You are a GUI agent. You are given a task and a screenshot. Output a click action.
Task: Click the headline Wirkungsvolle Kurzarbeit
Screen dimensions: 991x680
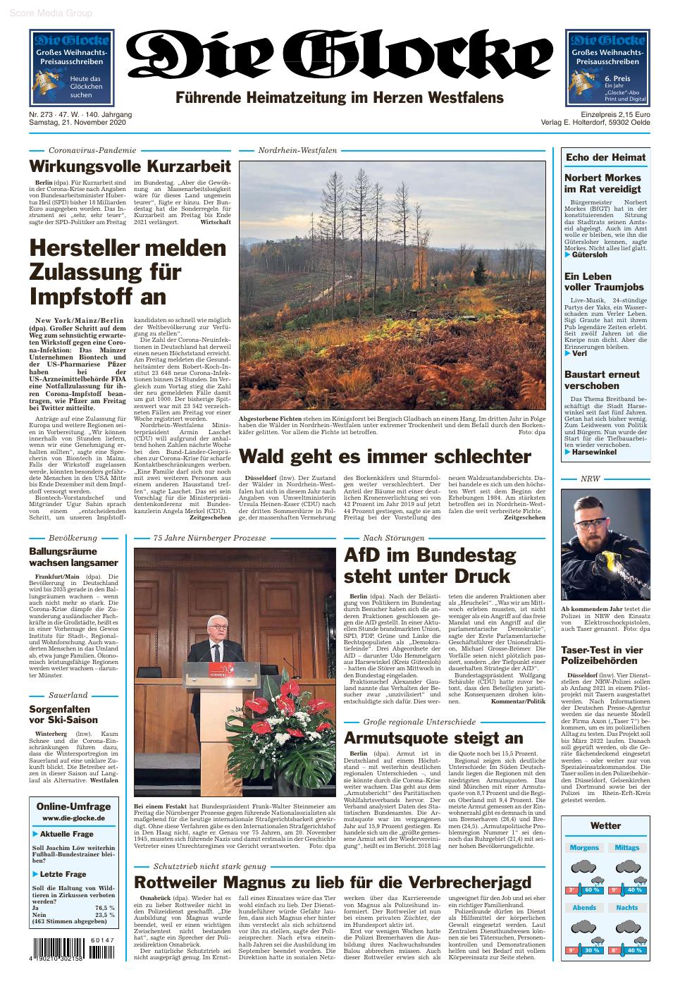pyautogui.click(x=130, y=167)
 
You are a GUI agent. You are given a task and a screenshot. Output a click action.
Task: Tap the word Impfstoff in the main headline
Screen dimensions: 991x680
pyautogui.click(x=98, y=295)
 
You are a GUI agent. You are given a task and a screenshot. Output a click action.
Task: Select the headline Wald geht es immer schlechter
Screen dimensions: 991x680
pyautogui.click(x=385, y=457)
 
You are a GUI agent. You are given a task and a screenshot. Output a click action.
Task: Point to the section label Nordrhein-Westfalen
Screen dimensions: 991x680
pyautogui.click(x=297, y=150)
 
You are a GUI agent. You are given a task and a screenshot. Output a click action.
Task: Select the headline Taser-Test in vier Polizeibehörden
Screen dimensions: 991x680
pyautogui.click(x=602, y=655)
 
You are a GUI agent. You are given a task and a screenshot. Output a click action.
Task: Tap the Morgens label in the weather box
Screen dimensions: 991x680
pyautogui.click(x=584, y=848)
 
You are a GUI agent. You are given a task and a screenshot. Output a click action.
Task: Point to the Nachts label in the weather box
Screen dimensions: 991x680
pyautogui.click(x=626, y=908)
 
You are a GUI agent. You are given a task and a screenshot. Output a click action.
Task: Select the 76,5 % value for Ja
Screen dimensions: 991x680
pyautogui.click(x=105, y=907)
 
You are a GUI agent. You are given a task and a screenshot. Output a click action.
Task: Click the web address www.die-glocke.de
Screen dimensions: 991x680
pyautogui.click(x=73, y=818)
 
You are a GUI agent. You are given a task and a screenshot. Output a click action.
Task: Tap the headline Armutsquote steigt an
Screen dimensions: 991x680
pyautogui.click(x=433, y=738)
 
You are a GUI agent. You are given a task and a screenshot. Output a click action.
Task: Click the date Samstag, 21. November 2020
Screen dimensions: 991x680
pyautogui.click(x=77, y=123)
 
